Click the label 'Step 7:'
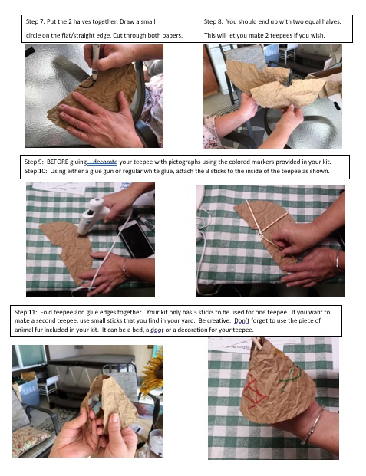[35, 22]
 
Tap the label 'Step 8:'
[213, 22]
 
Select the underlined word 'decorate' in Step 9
[105, 162]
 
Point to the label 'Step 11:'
[25, 312]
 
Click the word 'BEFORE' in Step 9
[58, 162]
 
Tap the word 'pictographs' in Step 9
[184, 162]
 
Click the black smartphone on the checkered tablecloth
[136, 239]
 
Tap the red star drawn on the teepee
[253, 391]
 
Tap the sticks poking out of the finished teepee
[258, 343]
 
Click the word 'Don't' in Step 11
[242, 320]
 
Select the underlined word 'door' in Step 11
[157, 330]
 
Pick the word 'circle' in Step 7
[34, 35]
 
